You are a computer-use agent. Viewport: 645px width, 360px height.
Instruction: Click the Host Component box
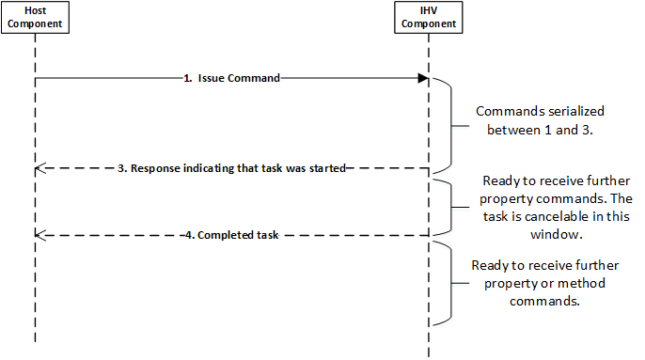[x=35, y=18]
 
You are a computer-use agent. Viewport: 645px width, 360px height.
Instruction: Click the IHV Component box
[x=428, y=18]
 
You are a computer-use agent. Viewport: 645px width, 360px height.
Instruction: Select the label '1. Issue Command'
[x=231, y=79]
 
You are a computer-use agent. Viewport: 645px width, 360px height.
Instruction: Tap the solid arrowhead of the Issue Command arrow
[x=424, y=79]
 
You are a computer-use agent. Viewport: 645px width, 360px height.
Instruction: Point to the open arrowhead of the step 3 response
[x=39, y=169]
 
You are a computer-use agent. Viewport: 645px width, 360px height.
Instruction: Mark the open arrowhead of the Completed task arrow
[x=39, y=235]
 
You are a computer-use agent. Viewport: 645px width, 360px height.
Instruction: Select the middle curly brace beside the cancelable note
[x=451, y=203]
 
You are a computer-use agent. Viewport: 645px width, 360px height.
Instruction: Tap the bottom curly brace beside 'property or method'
[x=451, y=280]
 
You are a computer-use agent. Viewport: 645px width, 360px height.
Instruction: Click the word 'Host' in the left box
[x=35, y=10]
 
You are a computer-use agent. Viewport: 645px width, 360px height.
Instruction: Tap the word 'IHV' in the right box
[x=428, y=10]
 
